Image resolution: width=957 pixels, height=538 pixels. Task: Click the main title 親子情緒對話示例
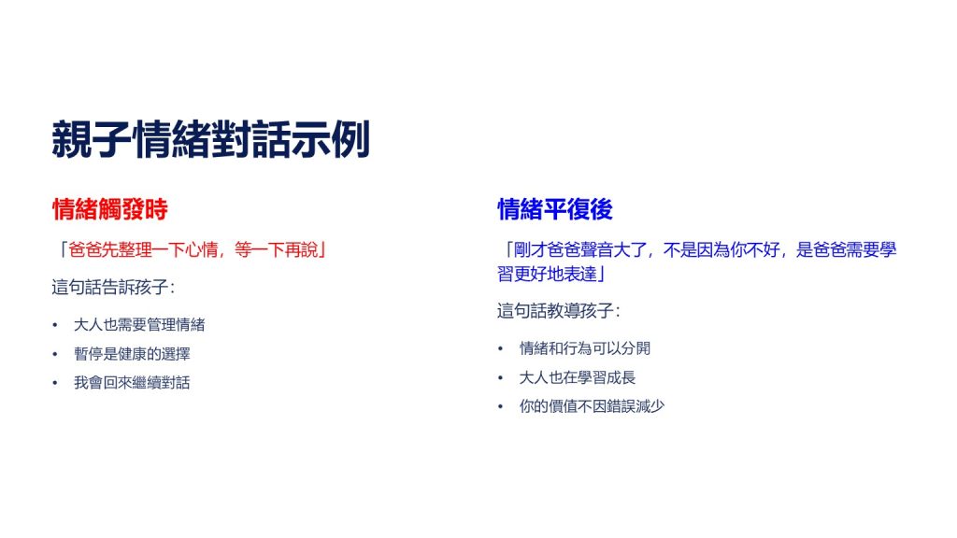210,140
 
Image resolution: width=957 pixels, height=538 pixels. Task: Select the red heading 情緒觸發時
110,209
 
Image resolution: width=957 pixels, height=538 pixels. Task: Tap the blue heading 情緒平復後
555,209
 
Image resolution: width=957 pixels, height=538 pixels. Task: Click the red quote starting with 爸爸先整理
191,249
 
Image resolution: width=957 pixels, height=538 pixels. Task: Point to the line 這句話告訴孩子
113,287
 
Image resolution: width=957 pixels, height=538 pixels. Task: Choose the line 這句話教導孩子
559,310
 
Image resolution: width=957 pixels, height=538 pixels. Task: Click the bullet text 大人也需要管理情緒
139,324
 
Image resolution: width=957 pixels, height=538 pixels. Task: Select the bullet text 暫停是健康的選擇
132,354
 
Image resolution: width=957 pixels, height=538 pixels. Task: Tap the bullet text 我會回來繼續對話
132,382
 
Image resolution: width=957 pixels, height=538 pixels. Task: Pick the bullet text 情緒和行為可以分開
585,348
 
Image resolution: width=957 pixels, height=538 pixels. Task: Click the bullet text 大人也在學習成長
578,377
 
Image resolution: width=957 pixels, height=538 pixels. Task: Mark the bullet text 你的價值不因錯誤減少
592,406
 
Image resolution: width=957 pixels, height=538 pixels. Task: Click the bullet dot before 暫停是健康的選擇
55,354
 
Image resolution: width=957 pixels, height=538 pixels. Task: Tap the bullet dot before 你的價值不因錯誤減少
501,407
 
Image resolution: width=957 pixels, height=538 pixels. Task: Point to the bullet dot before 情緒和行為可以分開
501,349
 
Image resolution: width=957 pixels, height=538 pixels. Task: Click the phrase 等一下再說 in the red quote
277,249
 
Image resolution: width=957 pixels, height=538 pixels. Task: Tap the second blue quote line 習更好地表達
551,274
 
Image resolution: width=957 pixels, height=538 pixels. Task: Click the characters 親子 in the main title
92,140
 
